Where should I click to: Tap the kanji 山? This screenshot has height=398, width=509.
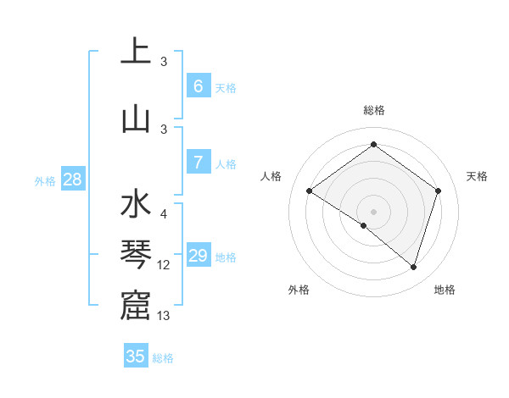click(x=135, y=119)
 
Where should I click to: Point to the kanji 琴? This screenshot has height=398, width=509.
click(x=135, y=255)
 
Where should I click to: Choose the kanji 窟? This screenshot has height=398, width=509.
click(x=135, y=306)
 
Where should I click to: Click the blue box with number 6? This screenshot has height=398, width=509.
click(x=198, y=86)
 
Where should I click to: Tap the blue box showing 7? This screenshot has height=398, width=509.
click(x=198, y=163)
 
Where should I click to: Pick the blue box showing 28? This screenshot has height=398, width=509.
click(x=72, y=180)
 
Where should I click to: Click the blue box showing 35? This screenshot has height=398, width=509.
click(x=136, y=357)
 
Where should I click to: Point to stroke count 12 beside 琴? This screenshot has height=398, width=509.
click(x=164, y=265)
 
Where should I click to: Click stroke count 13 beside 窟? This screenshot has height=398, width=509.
click(x=164, y=316)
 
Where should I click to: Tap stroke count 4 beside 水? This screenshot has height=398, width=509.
click(x=164, y=214)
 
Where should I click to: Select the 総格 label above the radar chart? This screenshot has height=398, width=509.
click(x=373, y=110)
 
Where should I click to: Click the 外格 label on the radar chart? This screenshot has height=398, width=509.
click(x=299, y=290)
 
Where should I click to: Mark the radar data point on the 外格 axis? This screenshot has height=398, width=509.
click(x=364, y=225)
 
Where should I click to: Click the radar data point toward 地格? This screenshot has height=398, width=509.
click(x=413, y=267)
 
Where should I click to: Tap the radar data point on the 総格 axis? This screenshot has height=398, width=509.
click(x=373, y=145)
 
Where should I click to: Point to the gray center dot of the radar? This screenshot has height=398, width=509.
click(x=373, y=211)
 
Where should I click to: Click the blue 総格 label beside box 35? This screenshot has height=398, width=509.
click(x=163, y=358)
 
